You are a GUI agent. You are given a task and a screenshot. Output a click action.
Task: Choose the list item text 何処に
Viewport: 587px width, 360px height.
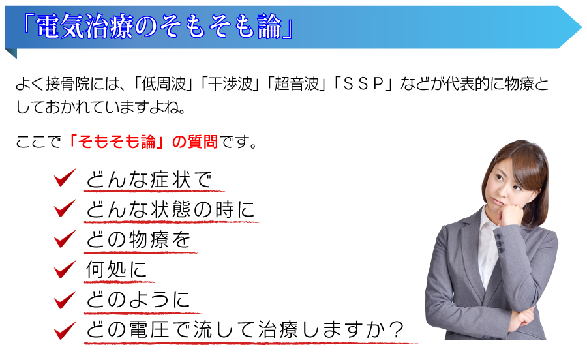click(116, 269)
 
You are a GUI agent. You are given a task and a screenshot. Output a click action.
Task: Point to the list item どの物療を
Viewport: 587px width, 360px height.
click(138, 239)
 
